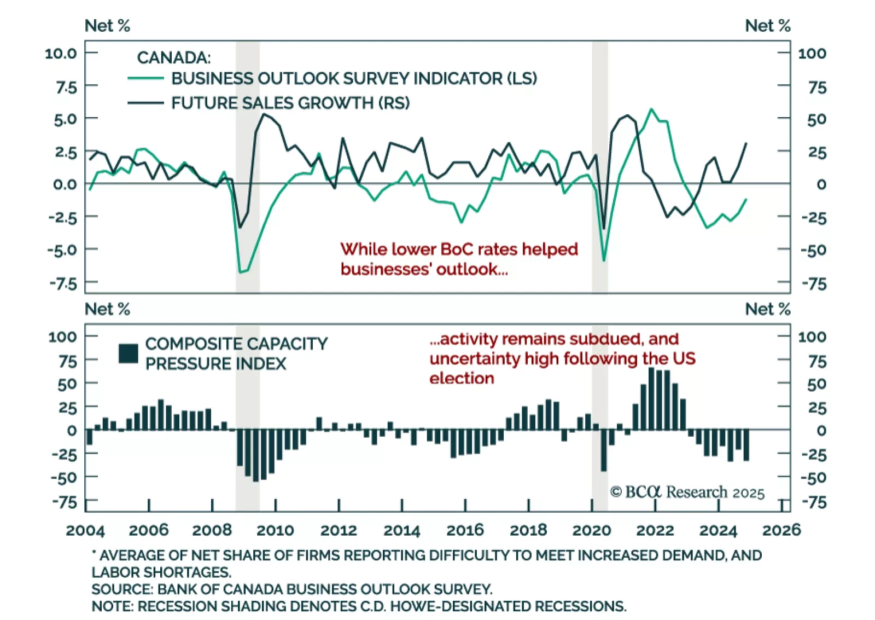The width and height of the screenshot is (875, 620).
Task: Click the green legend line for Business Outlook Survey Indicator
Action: [145, 79]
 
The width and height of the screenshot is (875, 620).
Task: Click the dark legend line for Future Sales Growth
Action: [145, 103]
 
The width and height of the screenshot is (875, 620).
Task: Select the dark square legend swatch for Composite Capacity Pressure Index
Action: [129, 354]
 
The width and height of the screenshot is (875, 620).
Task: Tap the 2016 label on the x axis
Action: [465, 530]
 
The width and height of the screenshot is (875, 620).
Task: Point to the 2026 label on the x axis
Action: [781, 530]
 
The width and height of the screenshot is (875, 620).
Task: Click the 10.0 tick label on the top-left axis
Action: [61, 54]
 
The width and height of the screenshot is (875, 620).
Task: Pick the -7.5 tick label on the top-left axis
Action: [63, 283]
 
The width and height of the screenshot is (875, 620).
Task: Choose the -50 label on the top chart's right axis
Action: [814, 251]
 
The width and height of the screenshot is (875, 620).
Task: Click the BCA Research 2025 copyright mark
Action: [687, 492]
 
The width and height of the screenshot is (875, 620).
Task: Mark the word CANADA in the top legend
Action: [173, 57]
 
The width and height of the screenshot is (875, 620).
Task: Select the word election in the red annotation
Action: [462, 378]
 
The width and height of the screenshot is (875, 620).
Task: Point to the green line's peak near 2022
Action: [651, 109]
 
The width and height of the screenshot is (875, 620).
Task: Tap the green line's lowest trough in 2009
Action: [241, 272]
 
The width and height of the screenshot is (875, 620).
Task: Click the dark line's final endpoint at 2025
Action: [746, 143]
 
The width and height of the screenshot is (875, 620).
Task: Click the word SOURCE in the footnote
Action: [122, 589]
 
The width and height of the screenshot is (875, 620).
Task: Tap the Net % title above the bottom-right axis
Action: [767, 309]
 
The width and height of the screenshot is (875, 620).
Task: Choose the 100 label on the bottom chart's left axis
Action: [62, 337]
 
